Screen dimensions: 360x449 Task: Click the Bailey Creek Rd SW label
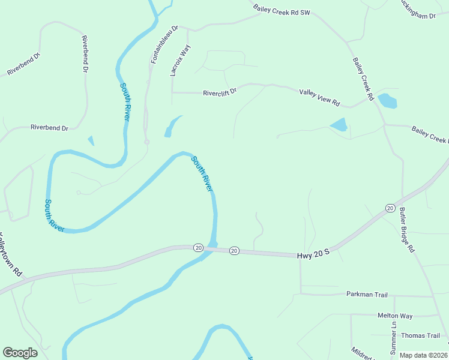[x=282, y=10]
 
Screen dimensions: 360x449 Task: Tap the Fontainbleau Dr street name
[x=158, y=44]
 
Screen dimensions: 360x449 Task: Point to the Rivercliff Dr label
[x=220, y=92]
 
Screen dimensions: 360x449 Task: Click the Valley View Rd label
[x=319, y=94]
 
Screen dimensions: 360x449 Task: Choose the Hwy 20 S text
[x=314, y=255]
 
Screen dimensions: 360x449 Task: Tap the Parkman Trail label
[x=367, y=294]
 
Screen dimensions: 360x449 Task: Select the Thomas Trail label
[x=421, y=335]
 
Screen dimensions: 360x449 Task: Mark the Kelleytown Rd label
[x=11, y=254]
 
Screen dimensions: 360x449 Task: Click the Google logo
[x=20, y=353]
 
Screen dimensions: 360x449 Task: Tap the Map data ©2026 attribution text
[x=423, y=355]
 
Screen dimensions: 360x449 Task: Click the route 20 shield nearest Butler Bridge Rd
[x=390, y=208]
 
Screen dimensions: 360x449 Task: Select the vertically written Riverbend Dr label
[x=85, y=54]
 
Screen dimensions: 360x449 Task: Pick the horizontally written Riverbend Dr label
[x=49, y=127]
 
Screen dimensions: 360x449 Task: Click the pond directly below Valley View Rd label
[x=339, y=125]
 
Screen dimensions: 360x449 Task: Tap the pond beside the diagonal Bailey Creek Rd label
[x=387, y=101]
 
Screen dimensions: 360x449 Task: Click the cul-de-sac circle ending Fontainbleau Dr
[x=146, y=142]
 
